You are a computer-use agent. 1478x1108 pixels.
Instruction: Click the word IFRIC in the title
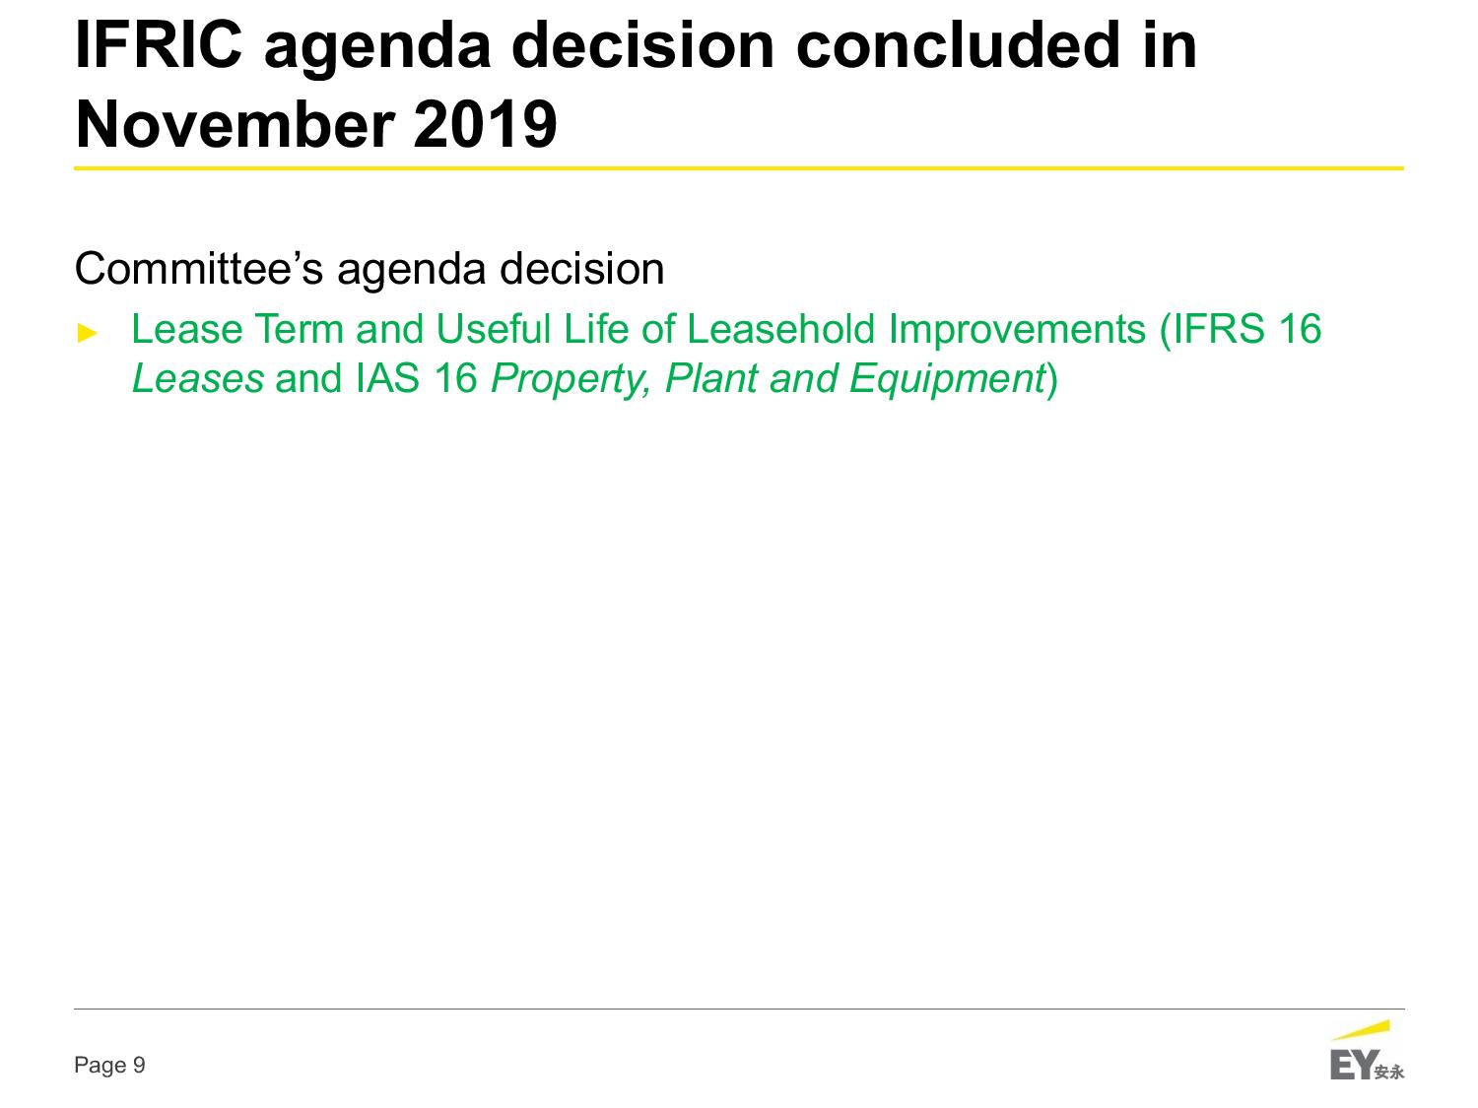(x=159, y=44)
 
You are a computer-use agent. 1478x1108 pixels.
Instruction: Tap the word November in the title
(x=235, y=124)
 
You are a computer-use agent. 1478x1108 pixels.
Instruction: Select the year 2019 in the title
(x=485, y=124)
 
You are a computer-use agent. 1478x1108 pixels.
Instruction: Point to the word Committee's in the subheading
(x=199, y=269)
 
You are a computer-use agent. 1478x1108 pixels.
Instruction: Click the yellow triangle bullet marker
(x=88, y=333)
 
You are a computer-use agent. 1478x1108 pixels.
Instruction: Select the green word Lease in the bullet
(x=187, y=329)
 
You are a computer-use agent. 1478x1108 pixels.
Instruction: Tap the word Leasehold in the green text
(x=781, y=329)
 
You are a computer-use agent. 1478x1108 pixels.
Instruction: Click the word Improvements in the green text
(x=1017, y=331)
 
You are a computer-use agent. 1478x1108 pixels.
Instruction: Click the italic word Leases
(x=198, y=378)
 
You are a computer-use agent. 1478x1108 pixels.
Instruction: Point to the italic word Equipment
(x=947, y=380)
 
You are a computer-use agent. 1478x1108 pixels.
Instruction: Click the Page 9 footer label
(x=109, y=1065)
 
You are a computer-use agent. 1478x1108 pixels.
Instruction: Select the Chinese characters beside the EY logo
(x=1389, y=1072)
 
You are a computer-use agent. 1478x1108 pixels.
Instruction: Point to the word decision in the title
(x=643, y=44)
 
